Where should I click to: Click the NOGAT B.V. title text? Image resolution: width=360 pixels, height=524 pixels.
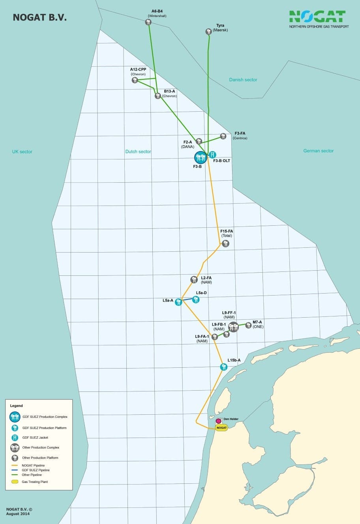(x=39, y=18)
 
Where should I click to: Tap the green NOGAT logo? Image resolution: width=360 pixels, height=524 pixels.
(x=317, y=17)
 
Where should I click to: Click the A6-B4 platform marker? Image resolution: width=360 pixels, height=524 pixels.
(x=148, y=22)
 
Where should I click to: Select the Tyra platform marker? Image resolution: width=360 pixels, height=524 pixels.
(x=208, y=32)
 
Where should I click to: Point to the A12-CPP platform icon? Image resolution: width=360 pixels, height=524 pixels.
(x=135, y=80)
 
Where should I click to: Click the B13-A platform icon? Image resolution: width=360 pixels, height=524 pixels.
(x=157, y=96)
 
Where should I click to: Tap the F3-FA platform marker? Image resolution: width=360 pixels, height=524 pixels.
(x=223, y=136)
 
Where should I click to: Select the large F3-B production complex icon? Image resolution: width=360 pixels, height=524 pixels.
(x=201, y=157)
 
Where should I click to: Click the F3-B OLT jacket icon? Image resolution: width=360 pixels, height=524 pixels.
(x=213, y=154)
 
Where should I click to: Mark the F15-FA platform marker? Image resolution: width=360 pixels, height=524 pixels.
(x=225, y=243)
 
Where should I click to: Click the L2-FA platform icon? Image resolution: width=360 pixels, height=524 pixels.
(x=194, y=279)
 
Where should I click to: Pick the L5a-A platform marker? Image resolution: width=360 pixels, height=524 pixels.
(x=178, y=302)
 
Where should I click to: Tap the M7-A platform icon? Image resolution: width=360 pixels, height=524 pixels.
(x=248, y=325)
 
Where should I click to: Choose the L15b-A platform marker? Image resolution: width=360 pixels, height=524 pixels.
(x=224, y=367)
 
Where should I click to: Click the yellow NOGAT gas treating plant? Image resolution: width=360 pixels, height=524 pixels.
(x=222, y=428)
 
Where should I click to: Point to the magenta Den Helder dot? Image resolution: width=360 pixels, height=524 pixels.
(x=218, y=421)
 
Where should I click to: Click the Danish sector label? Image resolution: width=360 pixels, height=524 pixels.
(x=243, y=80)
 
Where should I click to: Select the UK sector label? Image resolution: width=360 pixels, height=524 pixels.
(x=22, y=152)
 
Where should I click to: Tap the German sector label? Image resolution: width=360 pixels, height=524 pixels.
(x=318, y=151)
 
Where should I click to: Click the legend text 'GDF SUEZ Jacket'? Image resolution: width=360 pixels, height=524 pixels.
(x=35, y=438)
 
